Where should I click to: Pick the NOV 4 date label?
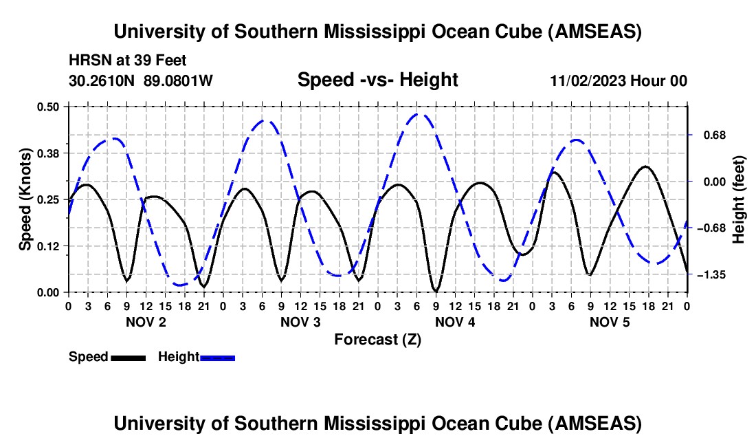click(x=454, y=322)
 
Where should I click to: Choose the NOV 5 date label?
click(x=609, y=322)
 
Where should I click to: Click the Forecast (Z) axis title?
click(x=377, y=339)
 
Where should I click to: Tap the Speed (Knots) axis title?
click(x=25, y=199)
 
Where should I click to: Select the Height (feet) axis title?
click(x=739, y=199)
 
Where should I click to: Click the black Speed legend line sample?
click(x=128, y=358)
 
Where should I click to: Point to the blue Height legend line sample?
click(x=218, y=358)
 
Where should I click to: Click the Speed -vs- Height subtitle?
click(x=377, y=80)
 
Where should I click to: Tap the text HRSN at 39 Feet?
click(x=128, y=61)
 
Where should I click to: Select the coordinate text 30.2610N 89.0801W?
click(x=141, y=80)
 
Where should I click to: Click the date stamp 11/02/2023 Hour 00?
click(x=619, y=80)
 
